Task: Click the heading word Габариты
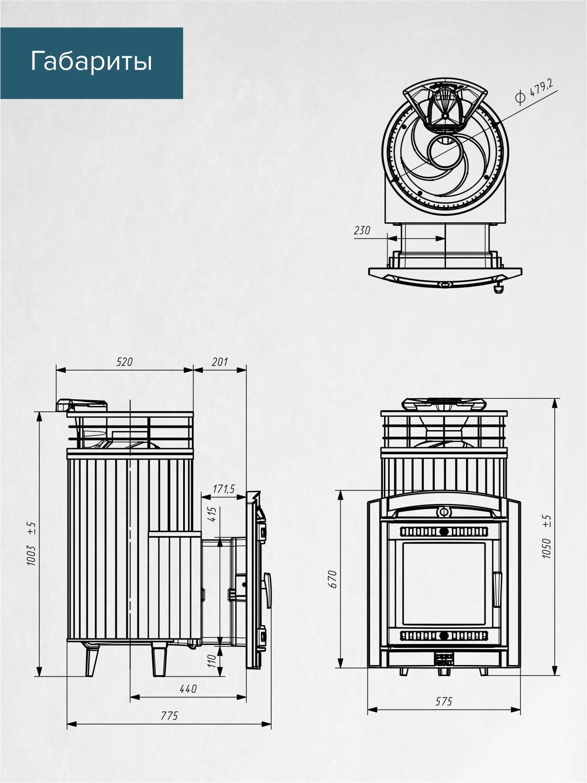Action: pos(91,62)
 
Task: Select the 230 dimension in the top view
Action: pos(362,230)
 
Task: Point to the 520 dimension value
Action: pos(125,362)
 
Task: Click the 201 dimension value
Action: pos(220,362)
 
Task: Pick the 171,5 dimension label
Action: pos(224,489)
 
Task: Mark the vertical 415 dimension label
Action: pos(213,514)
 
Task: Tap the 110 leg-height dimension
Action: pos(212,661)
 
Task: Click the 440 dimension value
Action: pos(188,689)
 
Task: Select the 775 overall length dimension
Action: pos(170,716)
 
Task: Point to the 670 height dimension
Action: pos(332,579)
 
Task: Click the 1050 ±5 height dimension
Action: pos(547,536)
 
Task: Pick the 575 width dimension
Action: pos(444,701)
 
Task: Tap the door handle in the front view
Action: pos(497,589)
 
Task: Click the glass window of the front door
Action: pos(444,583)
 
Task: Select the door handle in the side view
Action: pos(267,590)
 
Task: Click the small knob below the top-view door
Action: pos(499,288)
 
